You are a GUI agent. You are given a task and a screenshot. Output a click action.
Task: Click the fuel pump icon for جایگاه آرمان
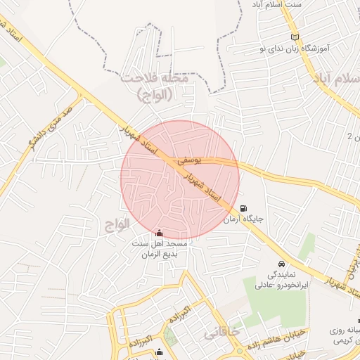click(x=243, y=209)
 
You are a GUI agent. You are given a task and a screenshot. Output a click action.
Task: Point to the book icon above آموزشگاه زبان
click(x=294, y=37)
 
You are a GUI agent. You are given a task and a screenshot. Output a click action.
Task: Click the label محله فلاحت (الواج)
click(x=155, y=85)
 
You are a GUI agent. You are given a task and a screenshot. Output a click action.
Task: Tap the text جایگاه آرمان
click(x=243, y=219)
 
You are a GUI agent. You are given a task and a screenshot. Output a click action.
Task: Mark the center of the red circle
click(x=180, y=179)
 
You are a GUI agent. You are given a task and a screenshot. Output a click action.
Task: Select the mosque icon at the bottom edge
click(x=159, y=353)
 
